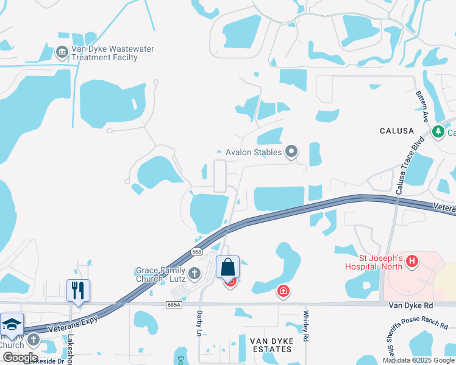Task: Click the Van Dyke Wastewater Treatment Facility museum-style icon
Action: (x=62, y=52)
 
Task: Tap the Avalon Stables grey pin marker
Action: (x=292, y=151)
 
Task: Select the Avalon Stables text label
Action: (x=253, y=152)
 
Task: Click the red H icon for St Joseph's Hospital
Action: (x=413, y=262)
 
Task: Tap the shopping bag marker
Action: (x=227, y=267)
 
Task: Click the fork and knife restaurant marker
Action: (x=78, y=291)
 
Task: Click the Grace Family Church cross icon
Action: (x=194, y=273)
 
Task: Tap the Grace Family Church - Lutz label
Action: (x=159, y=274)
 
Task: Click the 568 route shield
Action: (x=196, y=251)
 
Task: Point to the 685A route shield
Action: (x=173, y=304)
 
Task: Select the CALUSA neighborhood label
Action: (x=396, y=131)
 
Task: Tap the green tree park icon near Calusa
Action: (x=438, y=132)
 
